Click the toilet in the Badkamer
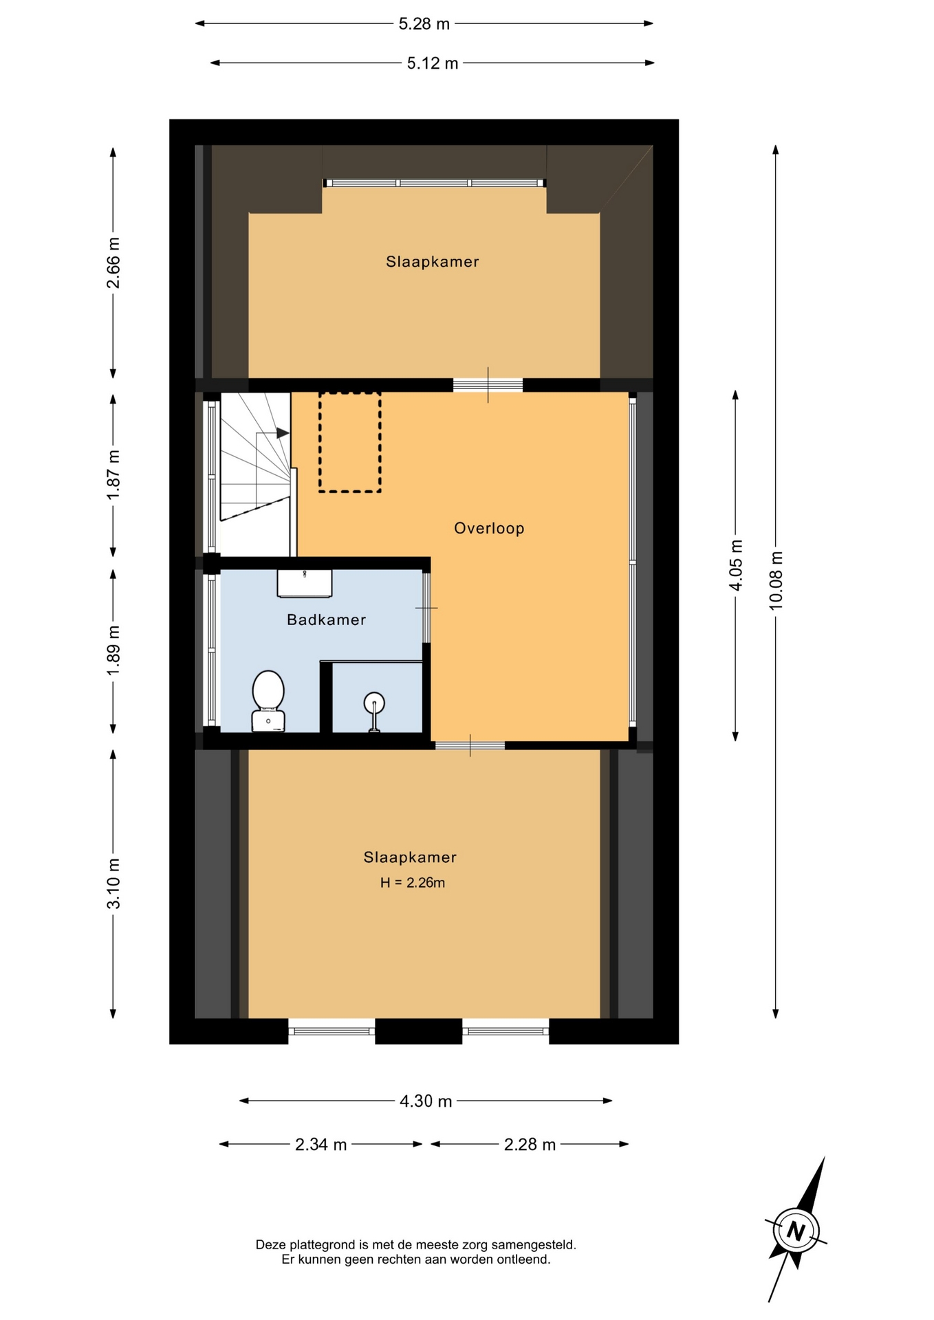click(268, 701)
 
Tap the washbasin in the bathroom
click(305, 583)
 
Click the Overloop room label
click(489, 528)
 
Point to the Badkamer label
click(326, 619)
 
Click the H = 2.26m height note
click(413, 883)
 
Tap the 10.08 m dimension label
click(776, 580)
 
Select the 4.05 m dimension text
click(736, 565)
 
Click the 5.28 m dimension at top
click(424, 24)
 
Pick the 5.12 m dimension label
click(433, 63)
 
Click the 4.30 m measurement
click(426, 1101)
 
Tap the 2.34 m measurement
click(321, 1144)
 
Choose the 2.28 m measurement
click(530, 1144)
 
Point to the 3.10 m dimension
click(113, 883)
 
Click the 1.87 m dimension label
click(113, 475)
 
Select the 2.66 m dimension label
click(113, 263)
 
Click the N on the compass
click(796, 1231)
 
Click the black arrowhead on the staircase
click(283, 433)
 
